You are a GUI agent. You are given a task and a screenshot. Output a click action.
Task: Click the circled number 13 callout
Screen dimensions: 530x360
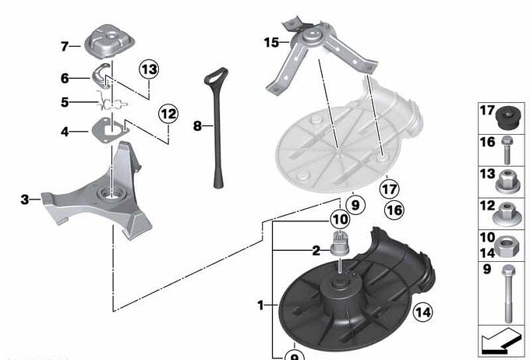click(149, 69)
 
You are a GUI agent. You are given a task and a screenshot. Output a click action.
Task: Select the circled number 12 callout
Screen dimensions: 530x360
click(168, 114)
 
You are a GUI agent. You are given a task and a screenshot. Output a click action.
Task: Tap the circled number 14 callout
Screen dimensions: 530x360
click(423, 312)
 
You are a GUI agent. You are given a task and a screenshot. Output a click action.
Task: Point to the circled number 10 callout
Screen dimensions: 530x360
click(340, 220)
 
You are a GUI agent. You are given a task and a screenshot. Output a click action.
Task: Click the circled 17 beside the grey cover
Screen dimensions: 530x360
click(390, 189)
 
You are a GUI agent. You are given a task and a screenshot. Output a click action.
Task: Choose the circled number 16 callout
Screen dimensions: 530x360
click(394, 210)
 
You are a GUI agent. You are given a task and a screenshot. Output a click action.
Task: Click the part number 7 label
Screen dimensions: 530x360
click(65, 46)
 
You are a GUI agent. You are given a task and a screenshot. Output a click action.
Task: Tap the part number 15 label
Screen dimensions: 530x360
click(271, 43)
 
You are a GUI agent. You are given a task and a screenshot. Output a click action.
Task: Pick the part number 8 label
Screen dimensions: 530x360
click(197, 126)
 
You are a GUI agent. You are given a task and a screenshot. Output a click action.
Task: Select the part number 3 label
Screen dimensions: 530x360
click(25, 199)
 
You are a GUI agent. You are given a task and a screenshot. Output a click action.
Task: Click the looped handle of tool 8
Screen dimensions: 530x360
click(217, 76)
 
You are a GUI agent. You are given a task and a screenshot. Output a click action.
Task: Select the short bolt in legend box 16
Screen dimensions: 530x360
click(507, 150)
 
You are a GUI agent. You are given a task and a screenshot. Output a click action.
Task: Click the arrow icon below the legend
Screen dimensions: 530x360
click(501, 341)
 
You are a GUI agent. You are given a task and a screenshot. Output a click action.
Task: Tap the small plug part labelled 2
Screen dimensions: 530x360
click(339, 243)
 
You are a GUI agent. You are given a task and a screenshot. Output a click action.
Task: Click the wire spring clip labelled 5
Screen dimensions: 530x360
click(111, 102)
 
